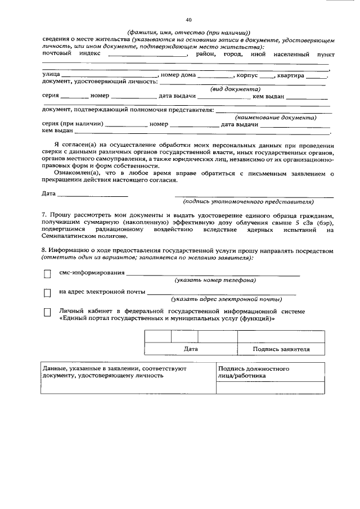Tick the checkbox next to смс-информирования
tap(47, 274)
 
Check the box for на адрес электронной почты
tap(47, 292)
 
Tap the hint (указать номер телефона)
tap(215, 280)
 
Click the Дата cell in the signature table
tap(191, 349)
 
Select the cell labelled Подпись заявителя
tap(281, 349)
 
